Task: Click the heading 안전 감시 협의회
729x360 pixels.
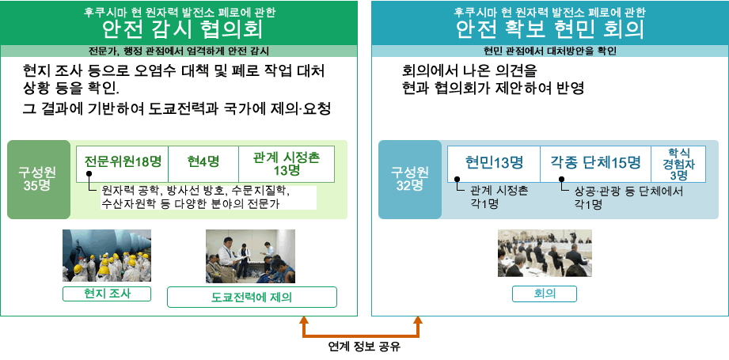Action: click(x=181, y=30)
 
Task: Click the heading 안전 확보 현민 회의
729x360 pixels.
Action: click(x=549, y=30)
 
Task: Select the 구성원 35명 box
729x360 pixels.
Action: click(x=38, y=179)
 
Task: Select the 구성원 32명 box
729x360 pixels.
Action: click(x=409, y=179)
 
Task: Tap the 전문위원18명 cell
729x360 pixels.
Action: click(x=123, y=163)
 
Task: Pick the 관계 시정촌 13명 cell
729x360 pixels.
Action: click(x=286, y=163)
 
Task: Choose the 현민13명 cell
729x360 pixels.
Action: click(x=494, y=163)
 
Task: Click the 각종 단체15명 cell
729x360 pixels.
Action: click(x=595, y=163)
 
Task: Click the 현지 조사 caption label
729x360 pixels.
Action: click(x=107, y=294)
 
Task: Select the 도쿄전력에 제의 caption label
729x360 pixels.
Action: click(x=252, y=297)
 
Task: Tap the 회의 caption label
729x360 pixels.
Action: click(x=545, y=294)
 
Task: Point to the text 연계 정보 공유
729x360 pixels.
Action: click(x=363, y=347)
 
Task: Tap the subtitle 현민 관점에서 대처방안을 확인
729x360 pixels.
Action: click(x=549, y=51)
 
